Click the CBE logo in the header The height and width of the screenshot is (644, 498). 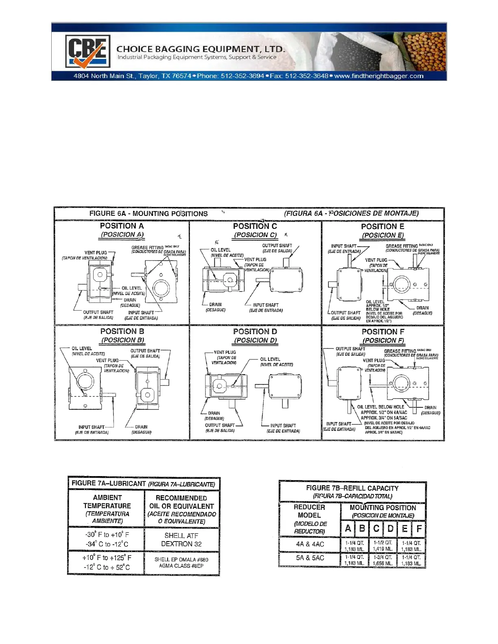[87, 51]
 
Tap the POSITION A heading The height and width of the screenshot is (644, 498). [122, 226]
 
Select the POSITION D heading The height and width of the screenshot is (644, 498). [255, 332]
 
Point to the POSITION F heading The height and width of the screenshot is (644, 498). [382, 332]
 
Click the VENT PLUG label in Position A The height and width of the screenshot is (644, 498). [96, 252]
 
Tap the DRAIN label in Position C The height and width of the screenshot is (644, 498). [215, 305]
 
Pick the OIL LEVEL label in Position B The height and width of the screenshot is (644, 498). [82, 348]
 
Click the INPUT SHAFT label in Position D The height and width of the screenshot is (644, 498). [283, 426]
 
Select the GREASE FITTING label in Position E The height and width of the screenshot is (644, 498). [402, 246]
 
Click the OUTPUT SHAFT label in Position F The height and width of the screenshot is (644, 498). [350, 349]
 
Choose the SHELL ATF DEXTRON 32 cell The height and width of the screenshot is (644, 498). [181, 540]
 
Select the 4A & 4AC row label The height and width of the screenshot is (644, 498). [310, 544]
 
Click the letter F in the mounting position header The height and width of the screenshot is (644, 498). [419, 529]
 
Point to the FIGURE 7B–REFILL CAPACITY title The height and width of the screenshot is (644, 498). [352, 488]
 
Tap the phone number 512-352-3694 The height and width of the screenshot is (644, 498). [242, 76]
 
